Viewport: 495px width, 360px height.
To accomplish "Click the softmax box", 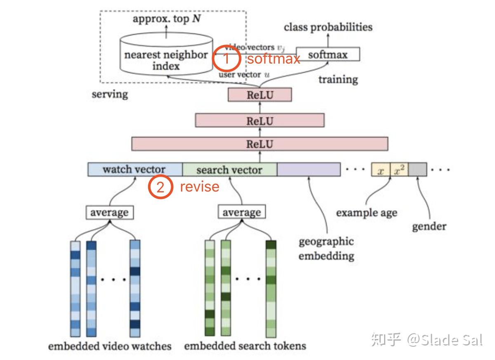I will [328, 54].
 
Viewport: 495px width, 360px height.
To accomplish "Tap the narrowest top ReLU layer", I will [260, 95].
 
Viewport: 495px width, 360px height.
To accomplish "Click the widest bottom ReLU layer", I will [260, 144].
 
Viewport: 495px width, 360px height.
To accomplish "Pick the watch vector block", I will [134, 170].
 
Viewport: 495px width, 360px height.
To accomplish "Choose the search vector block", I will [229, 170].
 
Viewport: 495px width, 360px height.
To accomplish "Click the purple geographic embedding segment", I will [309, 170].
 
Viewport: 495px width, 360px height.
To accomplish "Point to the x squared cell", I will [399, 170].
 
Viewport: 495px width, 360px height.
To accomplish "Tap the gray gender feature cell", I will [417, 170].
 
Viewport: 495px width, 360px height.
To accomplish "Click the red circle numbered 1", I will [226, 59].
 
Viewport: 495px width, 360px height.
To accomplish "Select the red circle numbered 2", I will [160, 187].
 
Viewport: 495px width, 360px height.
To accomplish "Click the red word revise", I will [200, 187].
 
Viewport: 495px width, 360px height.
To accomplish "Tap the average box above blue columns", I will [109, 213].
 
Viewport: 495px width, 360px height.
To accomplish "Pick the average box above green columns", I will [242, 213].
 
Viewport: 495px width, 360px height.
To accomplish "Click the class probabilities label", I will [328, 27].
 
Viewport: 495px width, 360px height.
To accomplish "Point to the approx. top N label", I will [167, 19].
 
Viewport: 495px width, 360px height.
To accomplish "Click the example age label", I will [367, 213].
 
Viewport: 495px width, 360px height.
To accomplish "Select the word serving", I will [110, 94].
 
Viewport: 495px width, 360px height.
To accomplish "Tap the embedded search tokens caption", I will [245, 346].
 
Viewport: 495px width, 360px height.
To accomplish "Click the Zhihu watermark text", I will [427, 340].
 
